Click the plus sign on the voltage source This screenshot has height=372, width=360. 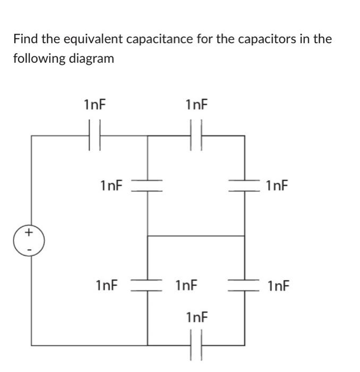[x=29, y=233]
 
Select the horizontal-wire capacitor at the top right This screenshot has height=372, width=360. [x=195, y=136]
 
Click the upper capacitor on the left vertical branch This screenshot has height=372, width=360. [x=147, y=185]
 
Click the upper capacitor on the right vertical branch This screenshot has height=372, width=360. [x=244, y=185]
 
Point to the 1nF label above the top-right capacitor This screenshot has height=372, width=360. [x=196, y=105]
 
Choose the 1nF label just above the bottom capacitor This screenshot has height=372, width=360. [x=197, y=318]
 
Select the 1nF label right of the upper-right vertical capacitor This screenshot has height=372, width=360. [x=277, y=185]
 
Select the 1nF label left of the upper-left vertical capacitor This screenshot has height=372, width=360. [x=110, y=185]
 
